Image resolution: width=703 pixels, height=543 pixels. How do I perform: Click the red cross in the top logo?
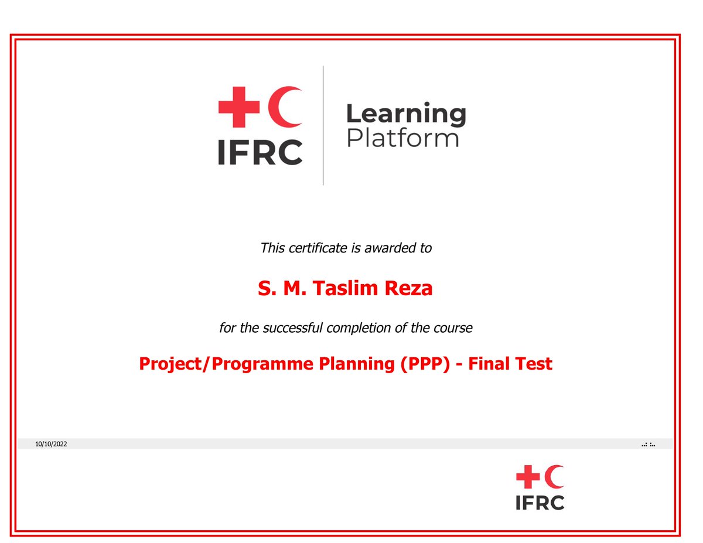coord(239,107)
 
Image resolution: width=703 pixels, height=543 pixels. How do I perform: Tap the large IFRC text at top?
coord(260,152)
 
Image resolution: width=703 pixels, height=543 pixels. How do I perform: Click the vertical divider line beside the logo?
coord(323,125)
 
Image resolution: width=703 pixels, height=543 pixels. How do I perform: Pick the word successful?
coord(292,328)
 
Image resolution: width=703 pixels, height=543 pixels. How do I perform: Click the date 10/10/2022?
coord(51,445)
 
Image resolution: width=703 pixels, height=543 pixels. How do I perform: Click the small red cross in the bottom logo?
coord(527,477)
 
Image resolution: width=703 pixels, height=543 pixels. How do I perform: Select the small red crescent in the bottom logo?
coord(555,477)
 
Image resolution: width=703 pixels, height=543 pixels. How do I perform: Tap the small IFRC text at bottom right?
coord(540,503)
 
